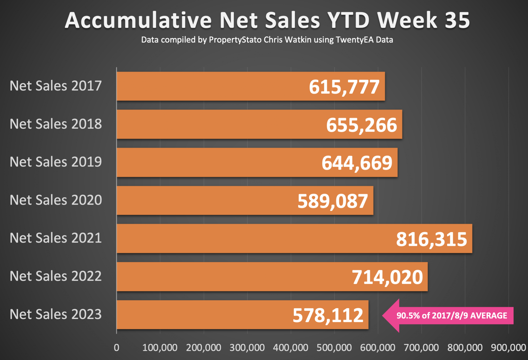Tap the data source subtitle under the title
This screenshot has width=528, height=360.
(x=267, y=40)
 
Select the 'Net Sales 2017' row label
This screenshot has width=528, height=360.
(x=56, y=86)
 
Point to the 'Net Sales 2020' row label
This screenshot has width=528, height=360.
(x=56, y=200)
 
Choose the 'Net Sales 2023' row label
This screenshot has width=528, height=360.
(x=56, y=314)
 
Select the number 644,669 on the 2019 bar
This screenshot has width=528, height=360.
(x=357, y=163)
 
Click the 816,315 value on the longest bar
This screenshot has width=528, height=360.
(x=431, y=239)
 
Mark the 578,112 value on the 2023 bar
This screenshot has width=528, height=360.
(x=328, y=315)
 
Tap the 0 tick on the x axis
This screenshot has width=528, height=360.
(x=117, y=348)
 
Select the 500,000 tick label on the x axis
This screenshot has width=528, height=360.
(x=334, y=348)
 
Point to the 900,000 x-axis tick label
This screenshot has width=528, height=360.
(x=508, y=348)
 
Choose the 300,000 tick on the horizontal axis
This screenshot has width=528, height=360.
(x=247, y=348)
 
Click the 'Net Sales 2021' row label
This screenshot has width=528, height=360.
(x=56, y=238)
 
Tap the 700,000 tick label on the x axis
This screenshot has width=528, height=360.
(x=421, y=348)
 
